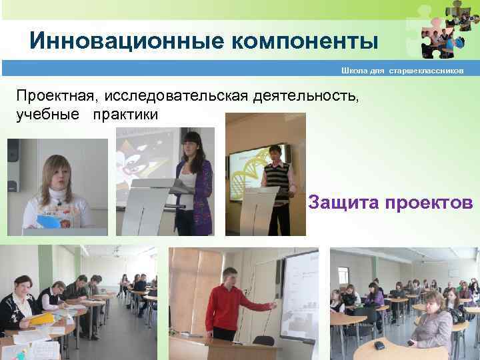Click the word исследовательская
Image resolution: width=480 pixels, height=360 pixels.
(178, 97)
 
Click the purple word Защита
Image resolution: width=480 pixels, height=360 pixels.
(342, 203)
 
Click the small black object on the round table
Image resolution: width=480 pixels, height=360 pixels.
(379, 345)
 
